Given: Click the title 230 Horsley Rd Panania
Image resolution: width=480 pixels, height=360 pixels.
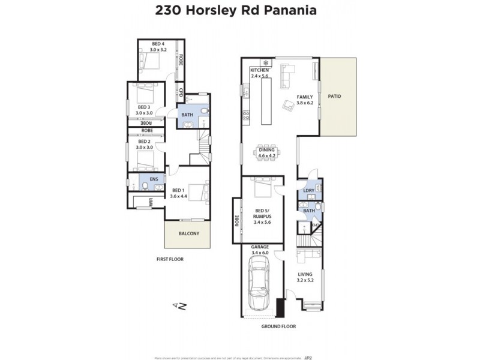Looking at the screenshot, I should (240, 10).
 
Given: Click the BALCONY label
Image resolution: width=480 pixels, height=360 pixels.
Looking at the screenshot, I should (189, 233).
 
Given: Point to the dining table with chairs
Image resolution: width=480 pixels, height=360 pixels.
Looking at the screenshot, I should (266, 150).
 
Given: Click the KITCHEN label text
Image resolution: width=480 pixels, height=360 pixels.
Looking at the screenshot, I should (260, 71).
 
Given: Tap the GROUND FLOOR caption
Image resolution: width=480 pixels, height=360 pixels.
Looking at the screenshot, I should (279, 326).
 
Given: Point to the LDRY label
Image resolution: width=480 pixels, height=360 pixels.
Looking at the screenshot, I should (308, 191).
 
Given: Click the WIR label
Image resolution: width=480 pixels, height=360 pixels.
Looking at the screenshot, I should (151, 203).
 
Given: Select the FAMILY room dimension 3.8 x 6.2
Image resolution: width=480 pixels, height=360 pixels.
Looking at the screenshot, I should (305, 103).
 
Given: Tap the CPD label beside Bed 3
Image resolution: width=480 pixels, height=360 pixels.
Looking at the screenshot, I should (181, 93).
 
